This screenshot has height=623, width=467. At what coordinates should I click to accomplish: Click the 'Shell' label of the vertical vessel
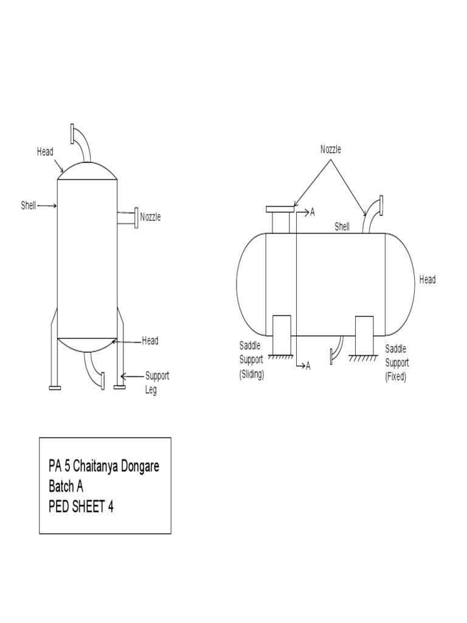pyautogui.click(x=29, y=206)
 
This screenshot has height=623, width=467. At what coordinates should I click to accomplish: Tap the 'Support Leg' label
pyautogui.click(x=156, y=383)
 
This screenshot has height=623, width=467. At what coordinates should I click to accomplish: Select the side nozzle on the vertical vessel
pyautogui.click(x=128, y=218)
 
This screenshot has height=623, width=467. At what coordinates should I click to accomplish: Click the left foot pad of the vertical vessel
pyautogui.click(x=54, y=387)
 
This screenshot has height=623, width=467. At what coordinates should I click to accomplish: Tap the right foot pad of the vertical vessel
pyautogui.click(x=119, y=387)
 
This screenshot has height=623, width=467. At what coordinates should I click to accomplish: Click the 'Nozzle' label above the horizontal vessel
pyautogui.click(x=331, y=150)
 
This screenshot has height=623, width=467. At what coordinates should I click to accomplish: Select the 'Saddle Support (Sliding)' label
pyautogui.click(x=251, y=360)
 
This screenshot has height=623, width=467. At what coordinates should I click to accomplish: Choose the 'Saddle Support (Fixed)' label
pyautogui.click(x=396, y=363)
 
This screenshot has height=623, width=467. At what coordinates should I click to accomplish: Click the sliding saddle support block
pyautogui.click(x=281, y=334)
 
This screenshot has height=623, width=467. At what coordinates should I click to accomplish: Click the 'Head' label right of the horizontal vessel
pyautogui.click(x=427, y=280)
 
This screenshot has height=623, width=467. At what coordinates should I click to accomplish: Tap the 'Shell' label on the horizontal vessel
pyautogui.click(x=342, y=227)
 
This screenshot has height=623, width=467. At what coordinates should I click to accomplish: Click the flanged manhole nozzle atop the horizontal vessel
pyautogui.click(x=280, y=219)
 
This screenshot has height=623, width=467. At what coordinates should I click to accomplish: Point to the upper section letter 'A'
pyautogui.click(x=313, y=212)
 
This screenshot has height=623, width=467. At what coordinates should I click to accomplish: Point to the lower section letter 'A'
pyautogui.click(x=308, y=366)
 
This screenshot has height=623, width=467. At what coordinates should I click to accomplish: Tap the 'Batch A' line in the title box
pyautogui.click(x=66, y=487)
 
